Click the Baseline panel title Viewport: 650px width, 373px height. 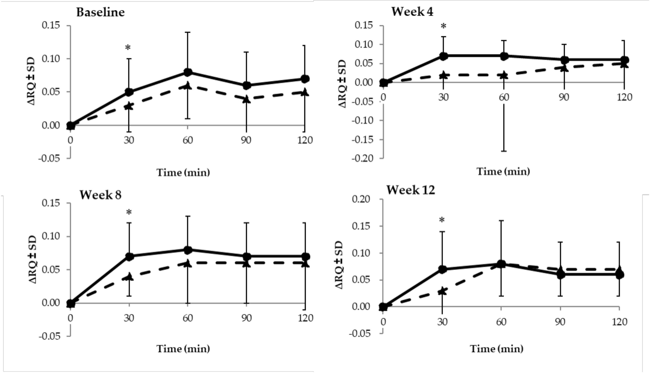[x=100, y=12]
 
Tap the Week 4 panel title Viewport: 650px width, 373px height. [x=412, y=12]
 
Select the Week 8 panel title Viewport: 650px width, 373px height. [x=100, y=195]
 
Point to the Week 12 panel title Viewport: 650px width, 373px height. [x=411, y=190]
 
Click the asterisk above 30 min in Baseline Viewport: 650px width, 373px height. [x=128, y=48]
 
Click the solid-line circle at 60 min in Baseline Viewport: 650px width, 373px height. [x=188, y=72]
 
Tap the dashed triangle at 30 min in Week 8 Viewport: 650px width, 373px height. [x=129, y=276]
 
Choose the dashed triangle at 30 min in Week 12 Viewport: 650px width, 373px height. [x=442, y=291]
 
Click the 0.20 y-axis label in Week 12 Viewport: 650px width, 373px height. [x=361, y=199]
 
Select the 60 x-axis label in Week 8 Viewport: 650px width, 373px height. [x=188, y=318]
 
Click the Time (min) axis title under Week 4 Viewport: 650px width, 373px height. [x=503, y=171]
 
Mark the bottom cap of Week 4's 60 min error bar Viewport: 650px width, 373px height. [x=504, y=151]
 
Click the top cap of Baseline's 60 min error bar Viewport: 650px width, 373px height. [x=188, y=32]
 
